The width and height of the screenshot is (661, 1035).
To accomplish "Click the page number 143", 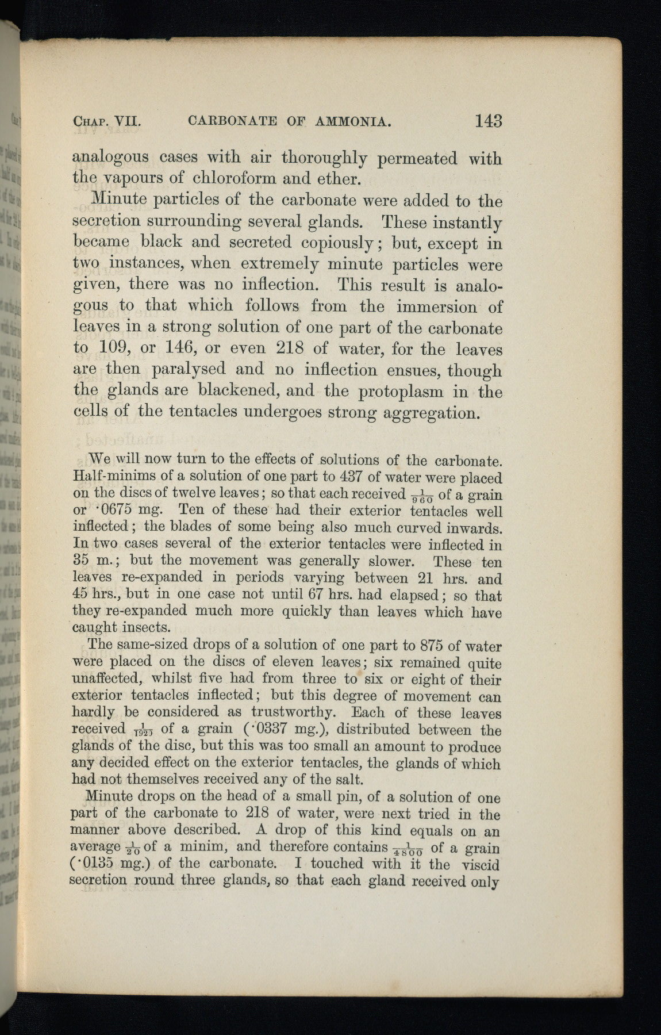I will pos(488,121).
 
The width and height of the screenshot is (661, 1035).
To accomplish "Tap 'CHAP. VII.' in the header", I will pos(107,121).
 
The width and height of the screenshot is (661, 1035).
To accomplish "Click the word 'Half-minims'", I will pos(114,477).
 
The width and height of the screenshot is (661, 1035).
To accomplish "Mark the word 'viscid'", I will pos(478,864).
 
